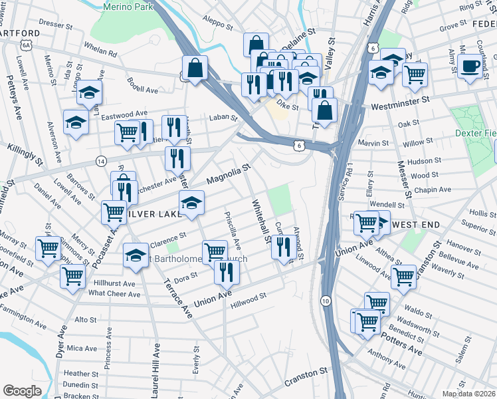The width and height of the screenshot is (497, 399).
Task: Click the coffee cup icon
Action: pyautogui.click(x=470, y=66)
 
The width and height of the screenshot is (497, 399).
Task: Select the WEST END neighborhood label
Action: pyautogui.click(x=416, y=225)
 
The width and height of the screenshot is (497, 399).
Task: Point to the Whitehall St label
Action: pyautogui.click(x=261, y=220)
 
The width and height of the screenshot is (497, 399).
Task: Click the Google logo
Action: pyautogui.click(x=22, y=390)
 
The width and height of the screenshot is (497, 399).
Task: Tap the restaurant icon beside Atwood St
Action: pyautogui.click(x=284, y=247)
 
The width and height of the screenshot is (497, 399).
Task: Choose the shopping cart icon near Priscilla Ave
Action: pyautogui.click(x=215, y=252)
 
